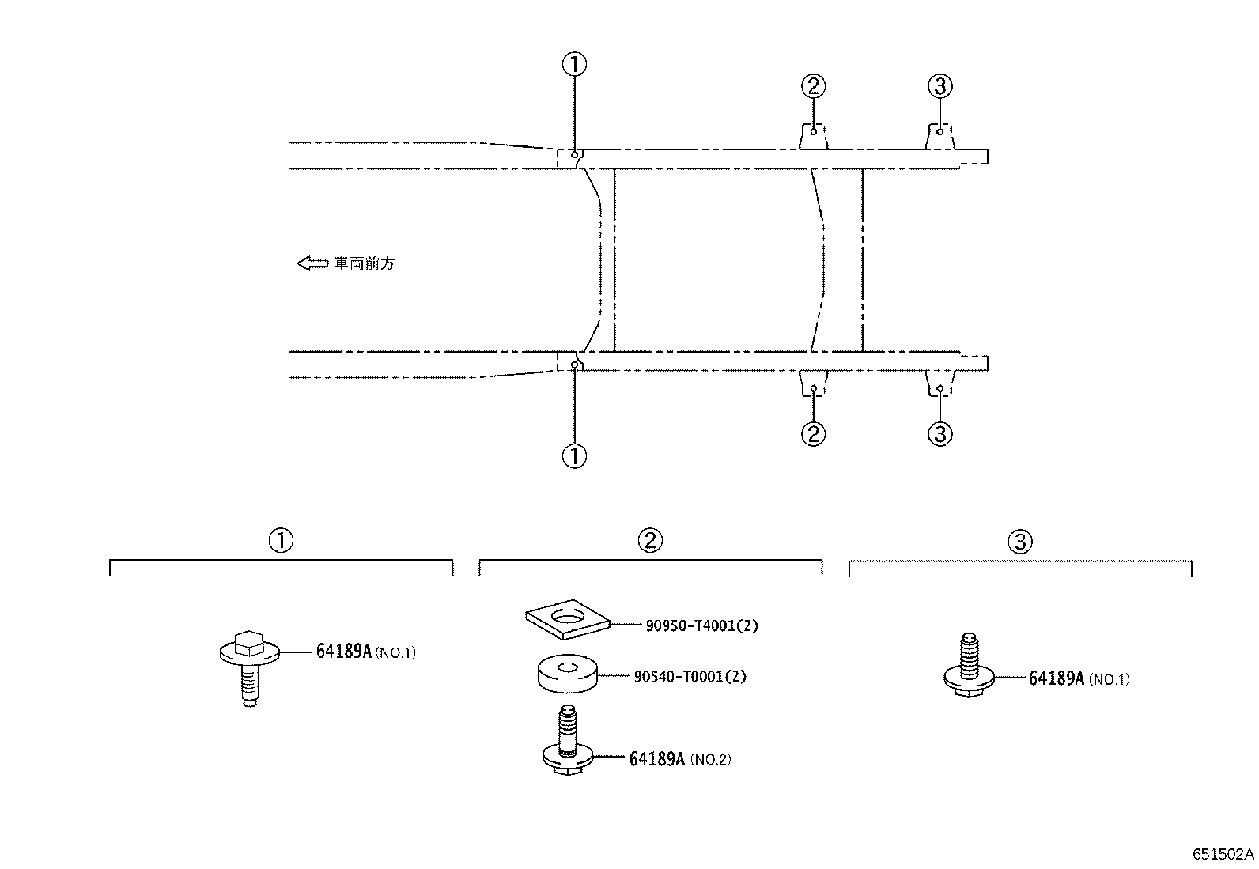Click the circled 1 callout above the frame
click(x=574, y=64)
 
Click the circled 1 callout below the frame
click(x=574, y=456)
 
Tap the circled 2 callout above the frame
click(x=813, y=86)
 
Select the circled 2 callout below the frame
click(x=813, y=434)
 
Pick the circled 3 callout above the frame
click(x=940, y=86)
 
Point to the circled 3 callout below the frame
click(x=940, y=434)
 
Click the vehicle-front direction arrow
click(x=312, y=263)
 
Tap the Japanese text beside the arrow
click(x=365, y=263)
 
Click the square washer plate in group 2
click(x=568, y=619)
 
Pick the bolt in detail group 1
click(x=250, y=668)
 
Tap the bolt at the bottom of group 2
click(x=568, y=741)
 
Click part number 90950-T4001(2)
click(x=701, y=625)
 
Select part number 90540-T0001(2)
click(x=690, y=676)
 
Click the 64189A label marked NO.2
click(x=680, y=759)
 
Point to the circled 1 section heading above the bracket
click(x=281, y=540)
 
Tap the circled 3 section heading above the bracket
click(x=1020, y=542)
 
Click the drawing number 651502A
click(x=1223, y=855)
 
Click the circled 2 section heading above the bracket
click(x=650, y=540)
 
